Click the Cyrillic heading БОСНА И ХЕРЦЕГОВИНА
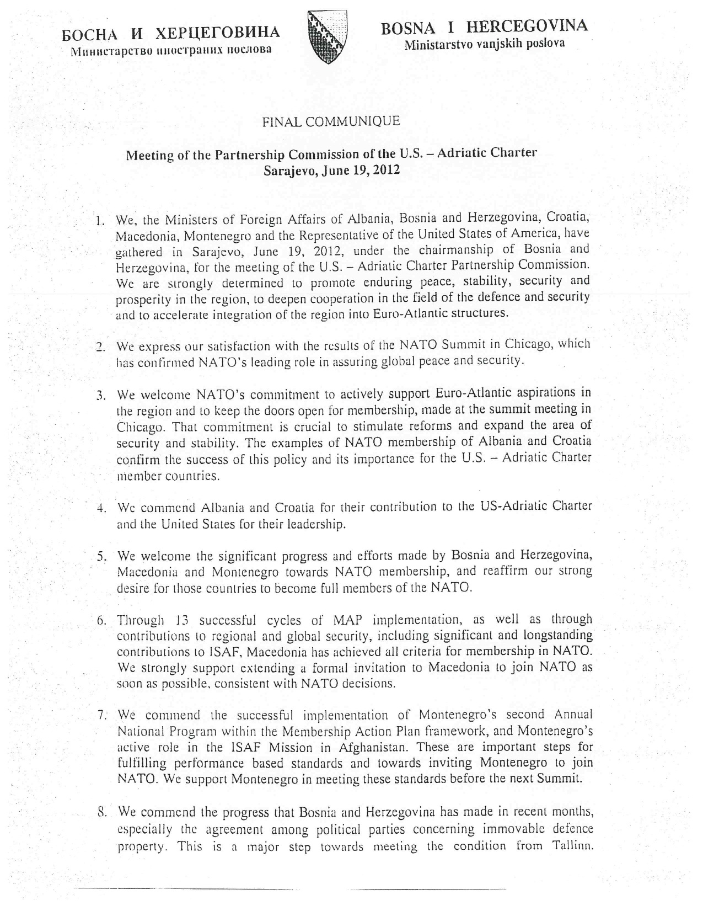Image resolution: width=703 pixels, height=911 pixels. pos(171,33)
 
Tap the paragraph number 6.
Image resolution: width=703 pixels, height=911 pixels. pos(101,620)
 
